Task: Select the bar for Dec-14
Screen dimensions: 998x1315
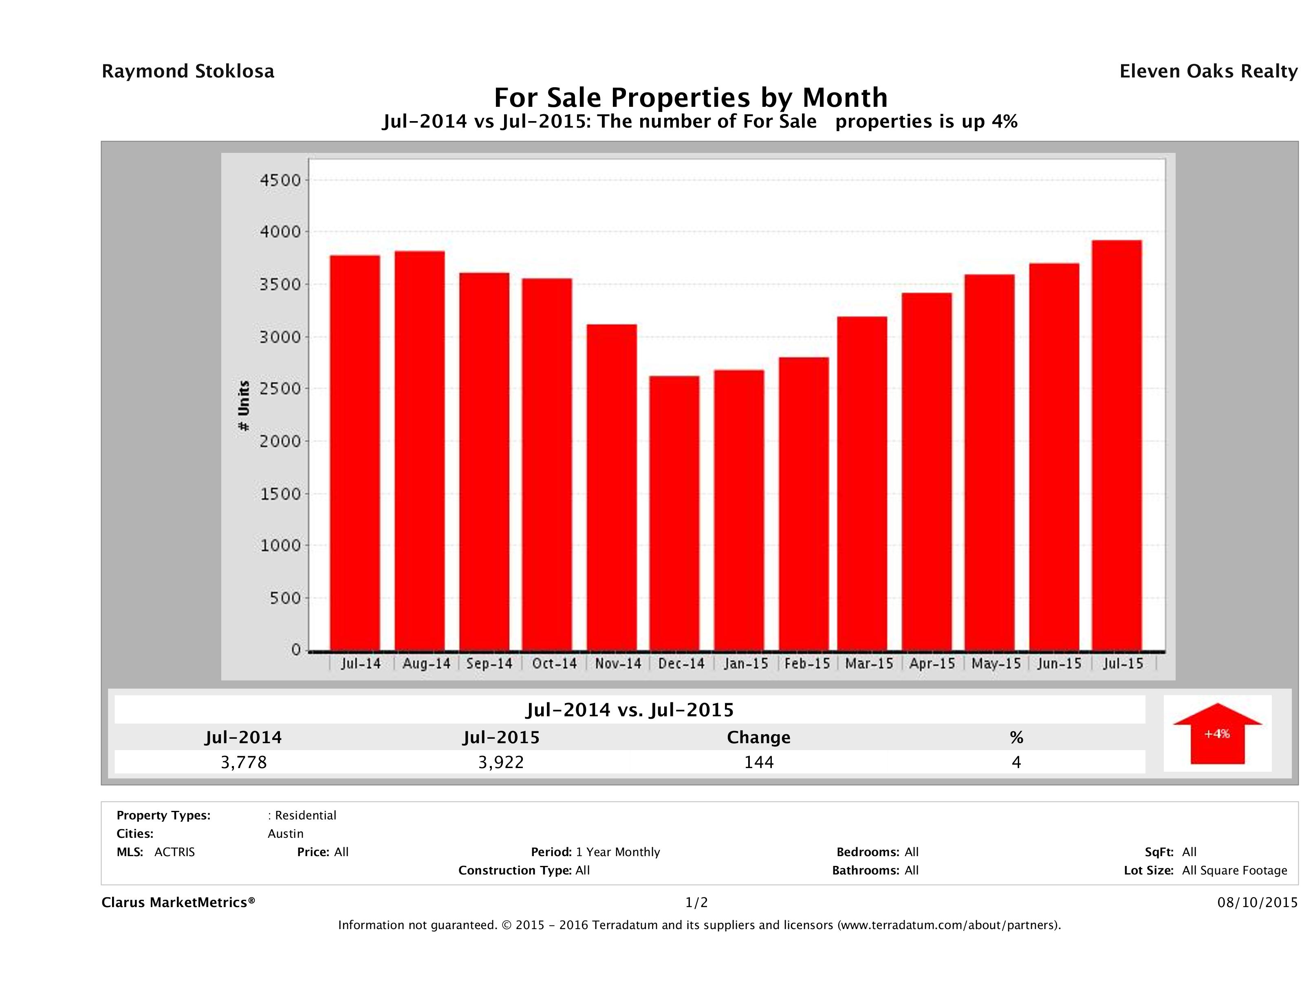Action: [x=674, y=513]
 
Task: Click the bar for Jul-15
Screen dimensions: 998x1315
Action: [x=1117, y=446]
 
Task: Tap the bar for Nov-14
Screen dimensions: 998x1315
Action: [x=611, y=487]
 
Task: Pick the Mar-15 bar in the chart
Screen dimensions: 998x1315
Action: [x=862, y=484]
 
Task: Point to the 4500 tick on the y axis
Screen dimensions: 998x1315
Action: [x=281, y=180]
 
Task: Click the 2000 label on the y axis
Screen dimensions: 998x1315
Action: [x=281, y=441]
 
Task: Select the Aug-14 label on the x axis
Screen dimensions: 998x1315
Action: [x=426, y=664]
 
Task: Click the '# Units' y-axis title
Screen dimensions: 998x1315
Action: [x=244, y=406]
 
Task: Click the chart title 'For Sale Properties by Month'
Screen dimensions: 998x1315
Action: [x=691, y=97]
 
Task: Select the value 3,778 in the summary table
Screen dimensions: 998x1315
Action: [x=244, y=762]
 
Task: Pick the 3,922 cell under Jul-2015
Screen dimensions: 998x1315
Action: [x=501, y=762]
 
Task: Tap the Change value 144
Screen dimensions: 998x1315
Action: [x=759, y=762]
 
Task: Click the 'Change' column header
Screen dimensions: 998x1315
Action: [x=759, y=737]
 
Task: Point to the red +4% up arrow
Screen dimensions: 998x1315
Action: [x=1217, y=734]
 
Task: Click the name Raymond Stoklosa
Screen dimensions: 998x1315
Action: [x=188, y=71]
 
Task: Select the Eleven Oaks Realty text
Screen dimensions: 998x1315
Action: [x=1208, y=71]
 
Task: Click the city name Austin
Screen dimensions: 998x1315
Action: [x=285, y=834]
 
